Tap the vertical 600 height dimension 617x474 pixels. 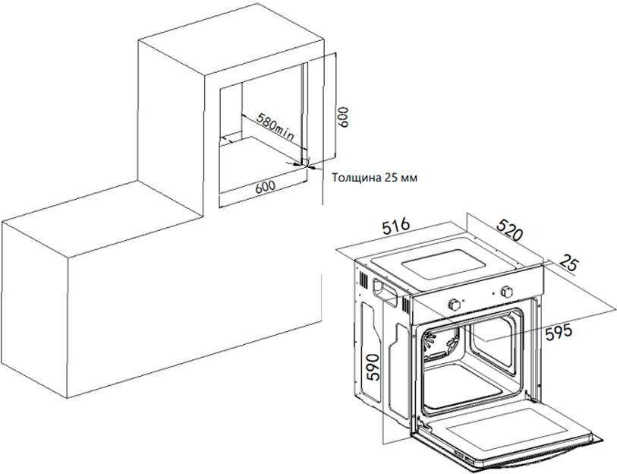point(343,117)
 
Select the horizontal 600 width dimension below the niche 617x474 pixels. point(265,186)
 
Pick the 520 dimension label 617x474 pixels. point(509,229)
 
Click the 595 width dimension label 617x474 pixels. point(559,333)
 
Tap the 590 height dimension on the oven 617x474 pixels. point(373,367)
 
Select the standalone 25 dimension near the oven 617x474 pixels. point(568,263)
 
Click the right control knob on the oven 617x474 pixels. point(505,292)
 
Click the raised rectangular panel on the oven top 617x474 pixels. point(443,269)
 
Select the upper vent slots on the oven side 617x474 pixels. point(364,281)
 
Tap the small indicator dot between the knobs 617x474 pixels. point(494,293)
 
